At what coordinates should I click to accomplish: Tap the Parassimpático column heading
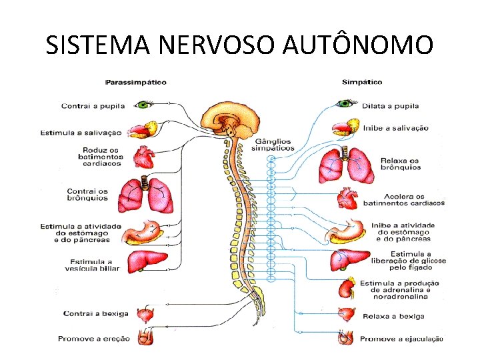(136, 83)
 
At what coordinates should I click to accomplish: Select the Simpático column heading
(362, 83)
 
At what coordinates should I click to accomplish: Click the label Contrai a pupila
(95, 105)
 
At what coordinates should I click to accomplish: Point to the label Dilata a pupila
(390, 105)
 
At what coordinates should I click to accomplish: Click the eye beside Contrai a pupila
(145, 105)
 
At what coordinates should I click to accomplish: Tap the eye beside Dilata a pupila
(345, 103)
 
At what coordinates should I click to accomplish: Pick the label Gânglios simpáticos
(273, 145)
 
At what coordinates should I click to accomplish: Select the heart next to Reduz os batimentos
(144, 157)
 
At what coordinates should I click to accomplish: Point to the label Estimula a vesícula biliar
(93, 265)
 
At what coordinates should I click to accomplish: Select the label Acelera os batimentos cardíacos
(403, 199)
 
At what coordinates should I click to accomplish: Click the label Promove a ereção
(94, 339)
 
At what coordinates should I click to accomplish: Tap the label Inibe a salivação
(395, 128)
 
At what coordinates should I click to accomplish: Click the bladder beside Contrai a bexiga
(145, 313)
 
